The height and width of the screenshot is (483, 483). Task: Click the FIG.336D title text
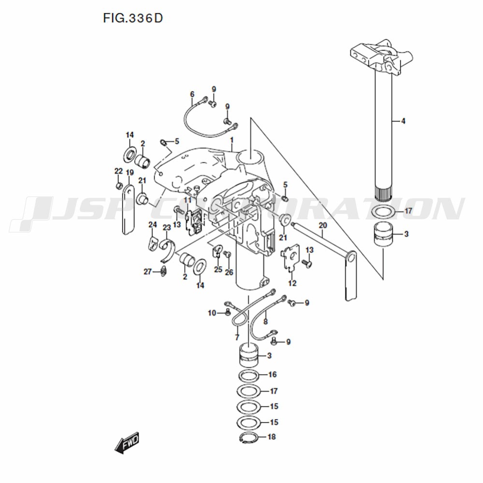pyautogui.click(x=133, y=18)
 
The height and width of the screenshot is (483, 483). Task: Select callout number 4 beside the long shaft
pyautogui.click(x=403, y=121)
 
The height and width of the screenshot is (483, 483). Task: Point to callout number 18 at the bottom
pyautogui.click(x=271, y=437)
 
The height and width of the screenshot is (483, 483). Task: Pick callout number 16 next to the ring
pyautogui.click(x=272, y=375)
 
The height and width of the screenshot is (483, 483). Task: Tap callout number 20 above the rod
pyautogui.click(x=323, y=226)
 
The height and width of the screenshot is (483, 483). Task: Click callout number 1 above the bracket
pyautogui.click(x=232, y=140)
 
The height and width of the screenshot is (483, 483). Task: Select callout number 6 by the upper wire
pyautogui.click(x=192, y=94)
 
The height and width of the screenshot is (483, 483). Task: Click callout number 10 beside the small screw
pyautogui.click(x=212, y=313)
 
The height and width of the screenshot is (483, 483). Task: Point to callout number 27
pyautogui.click(x=148, y=271)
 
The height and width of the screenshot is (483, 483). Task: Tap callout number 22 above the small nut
pyautogui.click(x=119, y=171)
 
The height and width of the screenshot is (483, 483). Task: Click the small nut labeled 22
pyautogui.click(x=119, y=186)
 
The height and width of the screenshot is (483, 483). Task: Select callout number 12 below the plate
pyautogui.click(x=292, y=283)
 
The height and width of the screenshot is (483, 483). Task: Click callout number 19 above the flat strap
pyautogui.click(x=129, y=172)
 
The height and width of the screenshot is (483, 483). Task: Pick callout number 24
pyautogui.click(x=153, y=225)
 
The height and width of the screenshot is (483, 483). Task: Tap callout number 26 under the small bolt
pyautogui.click(x=229, y=272)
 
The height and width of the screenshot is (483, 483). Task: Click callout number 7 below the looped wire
pyautogui.click(x=237, y=338)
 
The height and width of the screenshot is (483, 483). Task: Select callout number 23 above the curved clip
pyautogui.click(x=167, y=228)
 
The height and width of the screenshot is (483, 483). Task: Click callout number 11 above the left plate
pyautogui.click(x=187, y=200)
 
